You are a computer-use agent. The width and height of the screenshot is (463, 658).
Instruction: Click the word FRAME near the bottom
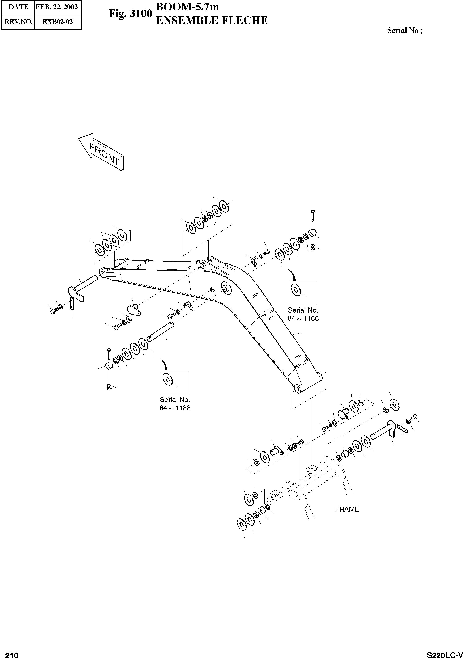pyautogui.click(x=347, y=509)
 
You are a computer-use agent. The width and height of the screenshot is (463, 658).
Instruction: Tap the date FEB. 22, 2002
pyautogui.click(x=57, y=7)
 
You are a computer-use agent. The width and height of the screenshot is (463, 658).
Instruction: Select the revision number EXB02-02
pyautogui.click(x=58, y=22)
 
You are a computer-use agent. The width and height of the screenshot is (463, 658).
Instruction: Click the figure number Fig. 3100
pyautogui.click(x=130, y=13)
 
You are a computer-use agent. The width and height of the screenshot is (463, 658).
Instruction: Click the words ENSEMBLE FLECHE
pyautogui.click(x=212, y=21)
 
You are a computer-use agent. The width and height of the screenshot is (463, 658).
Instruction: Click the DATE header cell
pyautogui.click(x=18, y=7)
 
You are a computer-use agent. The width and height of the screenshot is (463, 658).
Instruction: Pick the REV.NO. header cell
pyautogui.click(x=18, y=22)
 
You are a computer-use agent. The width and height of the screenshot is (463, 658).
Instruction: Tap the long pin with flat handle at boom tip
pyautogui.click(x=85, y=284)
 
